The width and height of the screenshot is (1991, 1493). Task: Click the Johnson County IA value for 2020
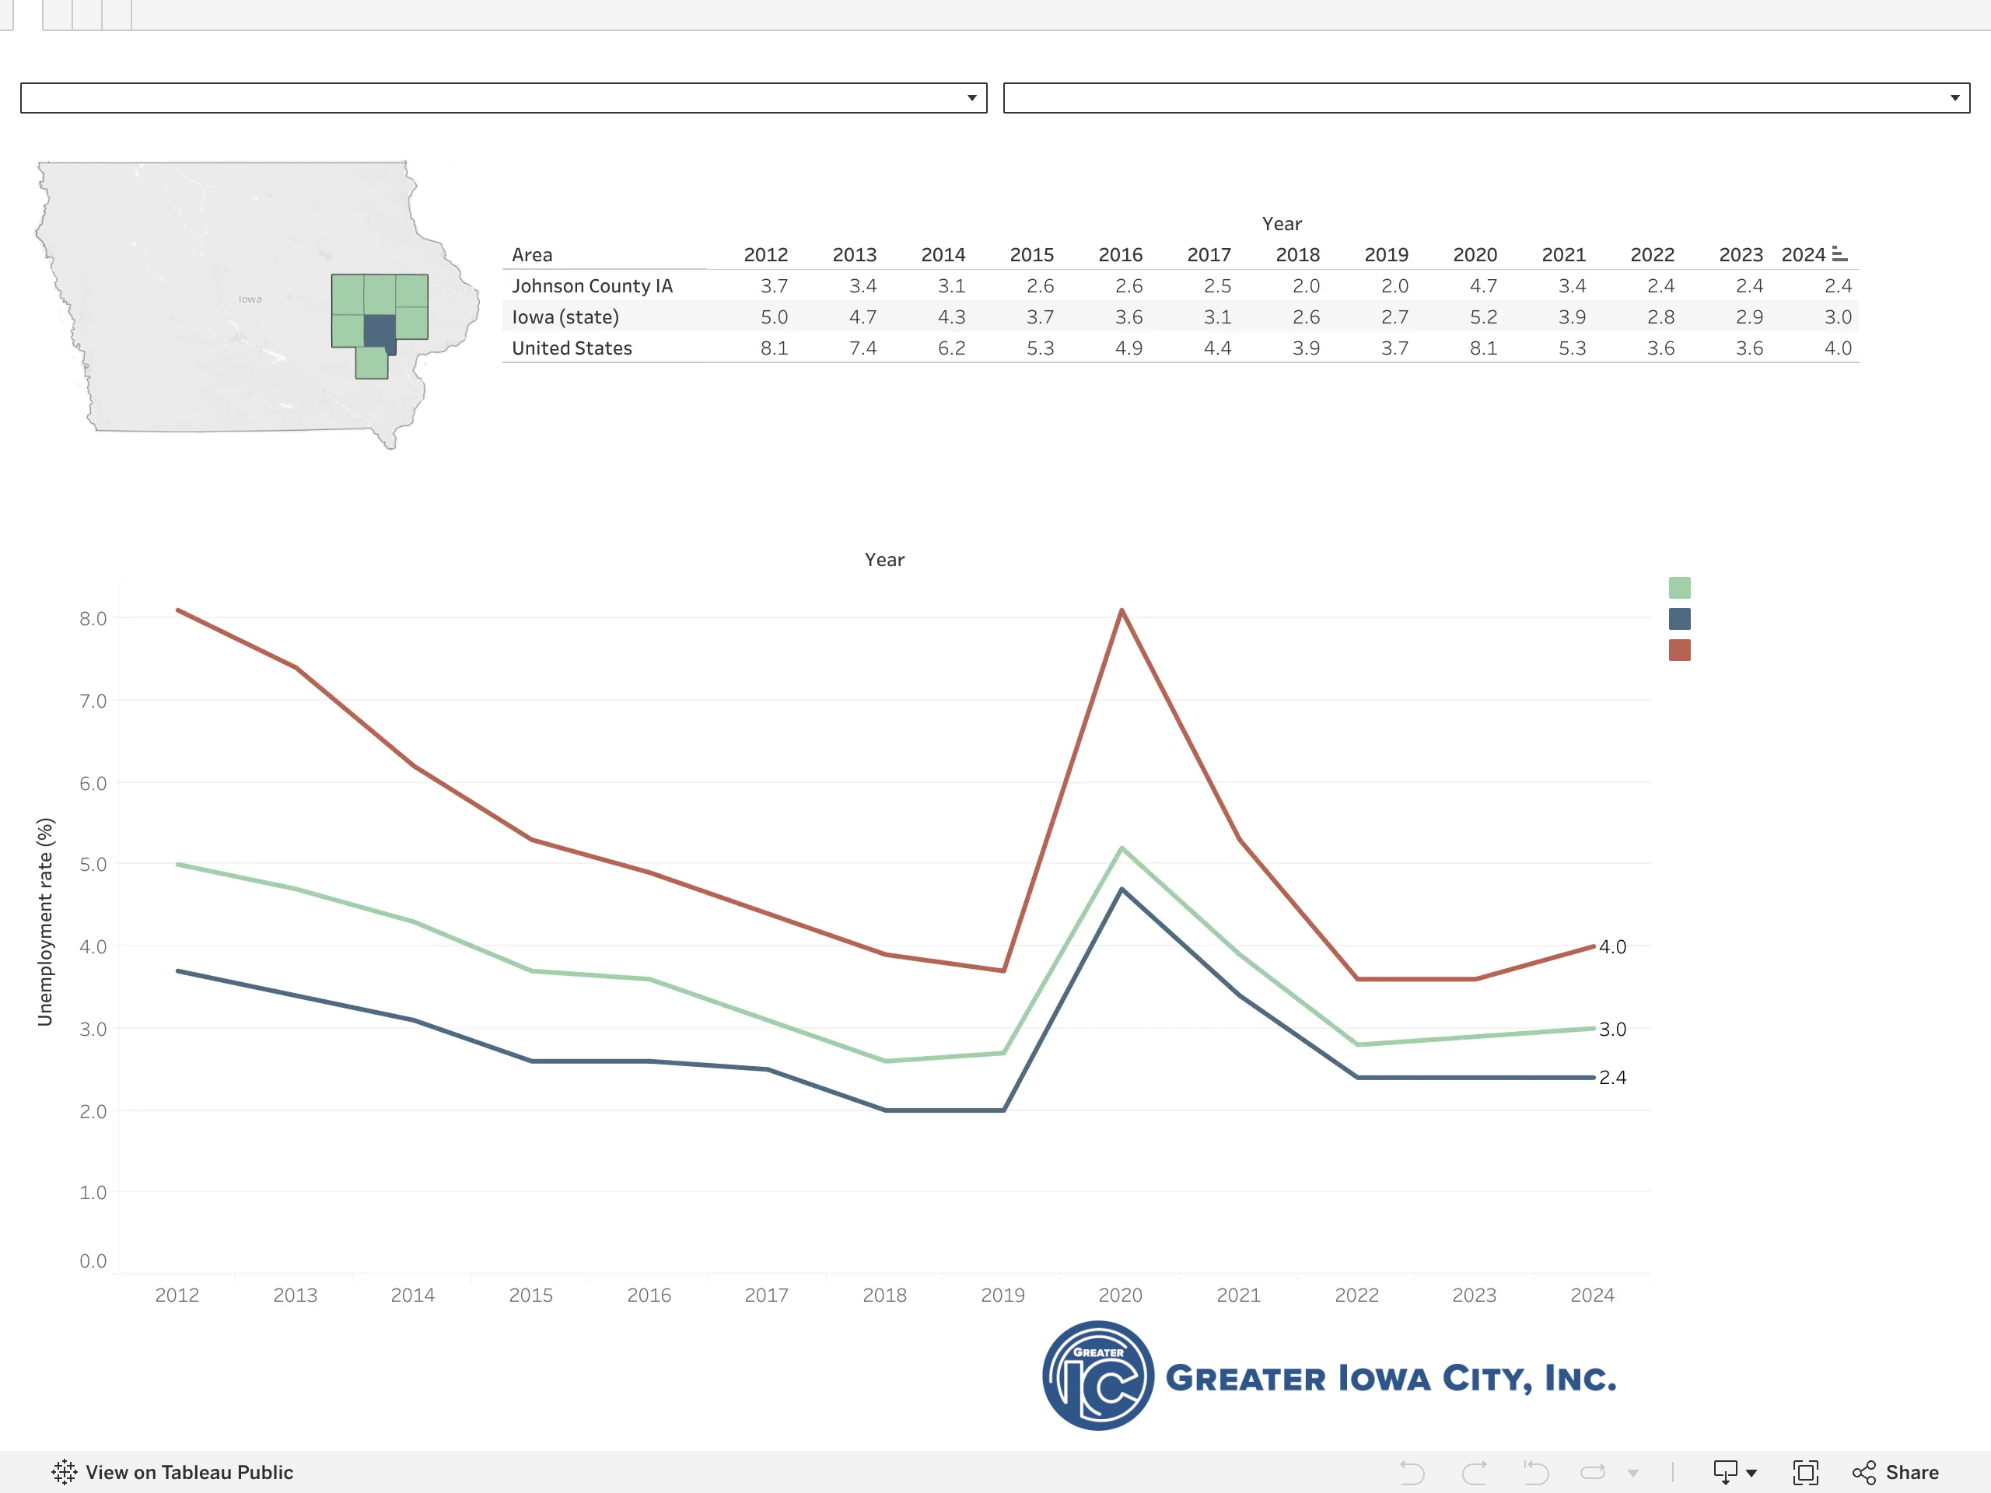pyautogui.click(x=1483, y=286)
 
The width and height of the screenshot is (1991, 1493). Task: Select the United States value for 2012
pyautogui.click(x=774, y=348)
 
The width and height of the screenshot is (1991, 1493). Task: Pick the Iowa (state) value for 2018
pyautogui.click(x=1306, y=316)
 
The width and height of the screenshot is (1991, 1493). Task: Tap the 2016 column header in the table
pyautogui.click(x=1121, y=255)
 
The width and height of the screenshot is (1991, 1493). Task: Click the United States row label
pyautogui.click(x=572, y=348)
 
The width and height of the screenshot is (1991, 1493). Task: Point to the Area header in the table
pyautogui.click(x=532, y=255)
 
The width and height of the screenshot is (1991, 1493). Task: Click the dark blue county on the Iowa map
pyautogui.click(x=380, y=332)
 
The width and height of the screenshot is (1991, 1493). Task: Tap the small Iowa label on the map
pyautogui.click(x=250, y=299)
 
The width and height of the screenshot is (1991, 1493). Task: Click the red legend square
pyautogui.click(x=1680, y=650)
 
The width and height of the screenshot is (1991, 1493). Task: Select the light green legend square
pyautogui.click(x=1680, y=588)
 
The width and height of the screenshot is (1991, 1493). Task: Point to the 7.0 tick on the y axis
pyautogui.click(x=93, y=701)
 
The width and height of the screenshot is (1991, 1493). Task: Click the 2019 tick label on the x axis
pyautogui.click(x=1002, y=1295)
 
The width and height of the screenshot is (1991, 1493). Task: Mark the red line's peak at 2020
pyautogui.click(x=1121, y=610)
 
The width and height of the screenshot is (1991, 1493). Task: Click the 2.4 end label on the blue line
pyautogui.click(x=1612, y=1077)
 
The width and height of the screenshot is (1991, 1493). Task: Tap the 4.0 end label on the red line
pyautogui.click(x=1612, y=947)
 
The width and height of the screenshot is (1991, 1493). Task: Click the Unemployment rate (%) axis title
pyautogui.click(x=45, y=921)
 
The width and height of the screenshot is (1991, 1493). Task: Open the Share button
pyautogui.click(x=1895, y=1472)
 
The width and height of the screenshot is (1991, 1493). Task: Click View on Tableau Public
pyautogui.click(x=173, y=1472)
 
